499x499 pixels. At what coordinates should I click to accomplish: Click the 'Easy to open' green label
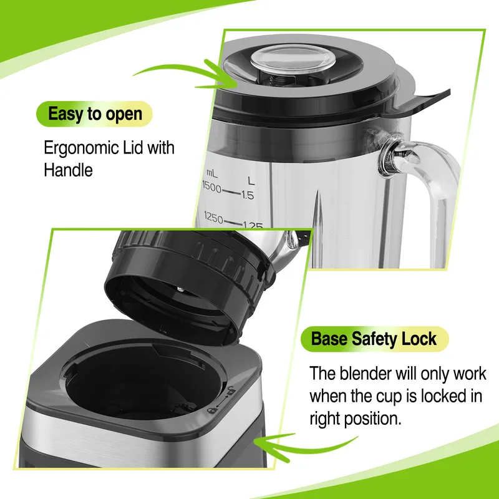(x=95, y=114)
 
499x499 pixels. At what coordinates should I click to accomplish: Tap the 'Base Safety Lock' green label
(x=374, y=339)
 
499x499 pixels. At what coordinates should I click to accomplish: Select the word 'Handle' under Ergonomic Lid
(x=68, y=170)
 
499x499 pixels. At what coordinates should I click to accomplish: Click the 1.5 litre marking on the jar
(x=248, y=195)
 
